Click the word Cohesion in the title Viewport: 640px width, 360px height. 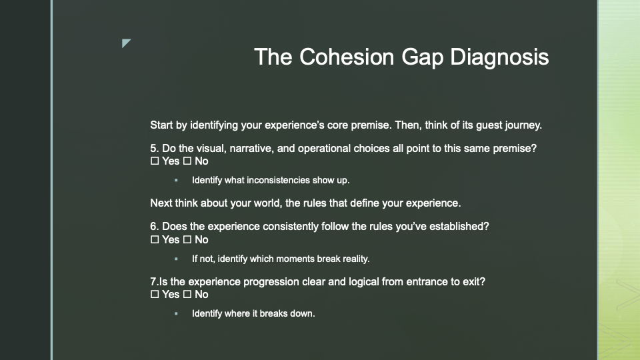click(347, 57)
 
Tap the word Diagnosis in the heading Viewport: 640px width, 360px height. click(499, 57)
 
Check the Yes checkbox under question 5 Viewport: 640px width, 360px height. click(155, 161)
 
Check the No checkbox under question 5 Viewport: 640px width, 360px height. click(187, 161)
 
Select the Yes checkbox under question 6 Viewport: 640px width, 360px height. click(155, 240)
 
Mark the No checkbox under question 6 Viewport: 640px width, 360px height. click(187, 240)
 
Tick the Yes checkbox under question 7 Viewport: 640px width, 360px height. click(155, 294)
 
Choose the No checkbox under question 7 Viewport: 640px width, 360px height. click(187, 294)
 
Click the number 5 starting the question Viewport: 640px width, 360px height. click(153, 149)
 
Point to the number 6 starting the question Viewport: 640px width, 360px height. click(153, 227)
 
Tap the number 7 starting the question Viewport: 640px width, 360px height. click(153, 282)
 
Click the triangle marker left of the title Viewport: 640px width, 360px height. click(126, 43)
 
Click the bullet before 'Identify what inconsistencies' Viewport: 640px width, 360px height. click(176, 180)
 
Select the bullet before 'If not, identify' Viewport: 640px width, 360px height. click(176, 259)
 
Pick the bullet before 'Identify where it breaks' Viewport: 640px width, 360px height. click(176, 313)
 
